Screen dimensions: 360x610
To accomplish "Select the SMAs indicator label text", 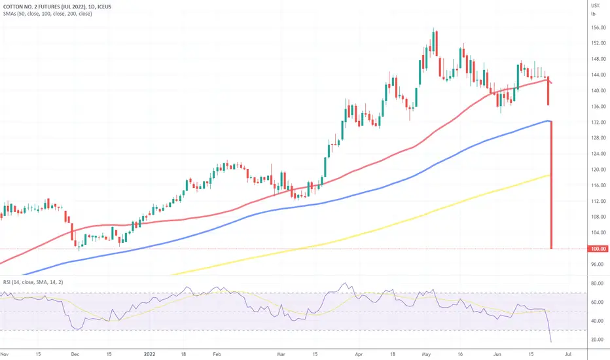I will click(x=46, y=13).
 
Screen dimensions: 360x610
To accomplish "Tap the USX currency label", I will click(x=595, y=5).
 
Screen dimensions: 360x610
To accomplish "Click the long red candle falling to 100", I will click(x=552, y=187).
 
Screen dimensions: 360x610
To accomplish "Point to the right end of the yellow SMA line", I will click(x=550, y=175).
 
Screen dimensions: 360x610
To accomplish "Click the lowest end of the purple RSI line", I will click(x=551, y=342).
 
